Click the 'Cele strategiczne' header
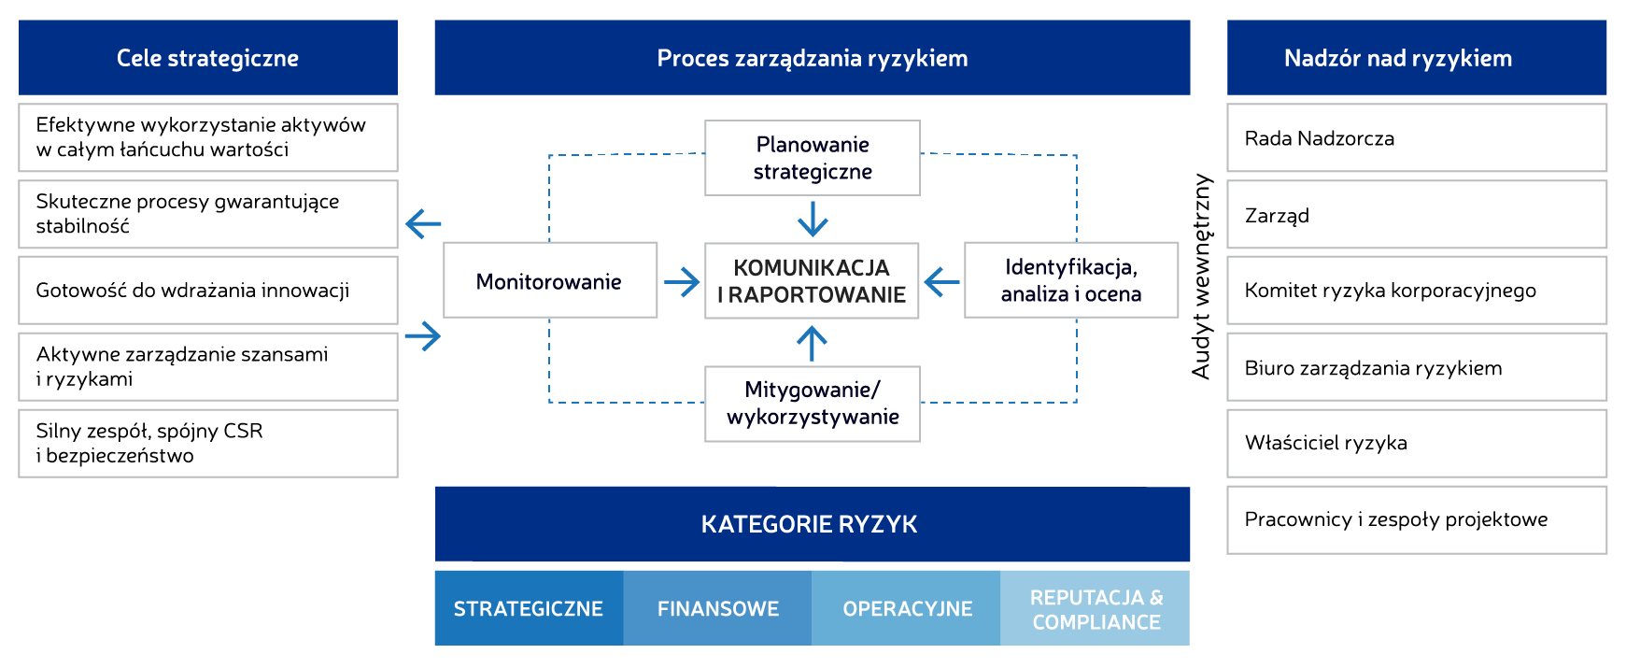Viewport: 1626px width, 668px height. tap(207, 58)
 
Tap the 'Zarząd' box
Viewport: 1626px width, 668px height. tap(1416, 215)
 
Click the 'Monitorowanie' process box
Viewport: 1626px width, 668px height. tap(549, 281)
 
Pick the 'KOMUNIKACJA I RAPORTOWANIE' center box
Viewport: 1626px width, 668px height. tap(812, 281)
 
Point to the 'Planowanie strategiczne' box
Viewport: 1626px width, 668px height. tap(813, 158)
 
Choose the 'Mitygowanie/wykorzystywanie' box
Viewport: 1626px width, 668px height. tap(813, 404)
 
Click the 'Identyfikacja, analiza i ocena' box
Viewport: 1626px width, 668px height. tap(1070, 280)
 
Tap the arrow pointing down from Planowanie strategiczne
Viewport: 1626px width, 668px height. tap(813, 220)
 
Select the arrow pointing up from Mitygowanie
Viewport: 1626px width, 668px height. tap(813, 343)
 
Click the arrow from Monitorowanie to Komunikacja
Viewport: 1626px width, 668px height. tap(682, 281)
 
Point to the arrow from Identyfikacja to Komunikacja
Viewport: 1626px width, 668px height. tap(941, 281)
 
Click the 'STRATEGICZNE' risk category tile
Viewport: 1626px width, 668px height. tap(529, 608)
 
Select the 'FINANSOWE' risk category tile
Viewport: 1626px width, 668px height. tap(717, 608)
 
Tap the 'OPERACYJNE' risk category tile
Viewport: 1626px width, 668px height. tap(907, 608)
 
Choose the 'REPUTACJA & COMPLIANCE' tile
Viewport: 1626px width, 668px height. tap(1096, 608)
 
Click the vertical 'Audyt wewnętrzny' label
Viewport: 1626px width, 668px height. tap(1202, 277)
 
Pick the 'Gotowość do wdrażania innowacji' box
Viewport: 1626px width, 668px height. tap(207, 291)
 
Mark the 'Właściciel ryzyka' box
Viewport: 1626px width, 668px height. tap(1416, 443)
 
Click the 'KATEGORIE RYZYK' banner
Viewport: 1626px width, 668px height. tap(811, 524)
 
